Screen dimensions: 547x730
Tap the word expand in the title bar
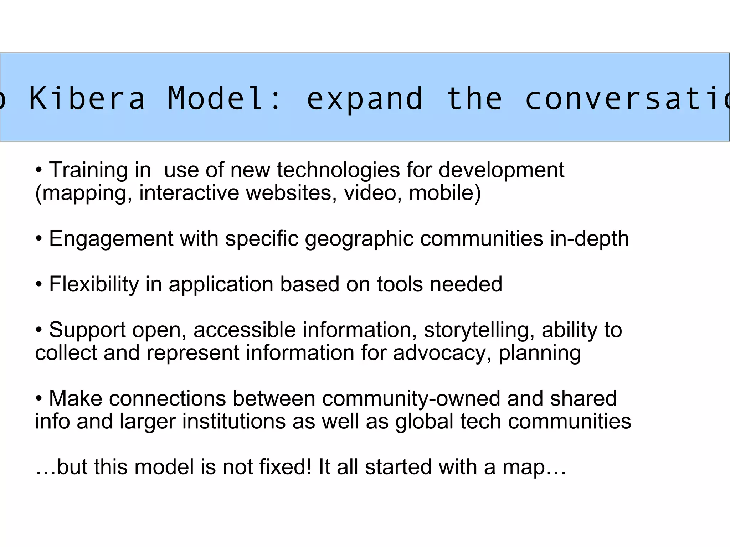pyautogui.click(x=365, y=99)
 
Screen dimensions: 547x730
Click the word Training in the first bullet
pyautogui.click(x=88, y=170)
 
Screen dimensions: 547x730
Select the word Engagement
pyautogui.click(x=111, y=239)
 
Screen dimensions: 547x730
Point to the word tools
pyautogui.click(x=400, y=284)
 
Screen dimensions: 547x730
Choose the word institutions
pyautogui.click(x=234, y=421)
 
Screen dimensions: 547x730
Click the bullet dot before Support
pyautogui.click(x=39, y=330)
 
